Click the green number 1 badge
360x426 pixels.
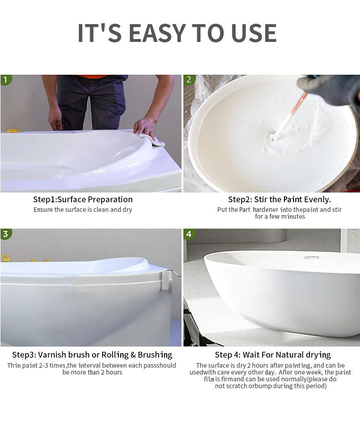[5, 80]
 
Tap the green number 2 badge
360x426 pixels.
[189, 80]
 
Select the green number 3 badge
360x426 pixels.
[5, 234]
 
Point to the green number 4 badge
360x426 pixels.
[189, 234]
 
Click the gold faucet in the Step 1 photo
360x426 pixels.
[13, 131]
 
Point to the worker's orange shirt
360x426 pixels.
[92, 77]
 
